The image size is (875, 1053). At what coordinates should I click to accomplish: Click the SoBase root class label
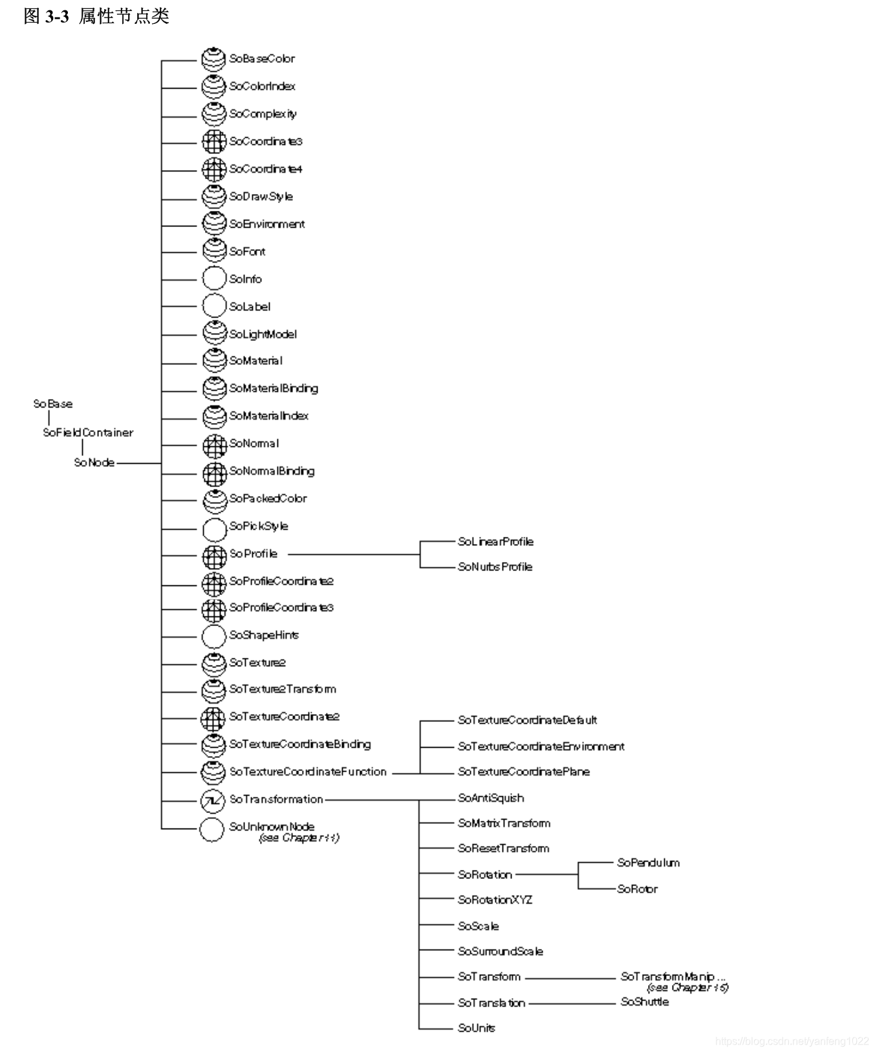[x=53, y=404]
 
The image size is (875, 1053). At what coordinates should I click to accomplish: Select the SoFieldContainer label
[x=88, y=433]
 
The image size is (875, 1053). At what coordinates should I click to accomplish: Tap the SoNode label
[x=94, y=462]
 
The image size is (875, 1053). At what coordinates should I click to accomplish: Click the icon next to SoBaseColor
[x=213, y=59]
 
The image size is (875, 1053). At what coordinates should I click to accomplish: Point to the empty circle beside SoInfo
[x=214, y=279]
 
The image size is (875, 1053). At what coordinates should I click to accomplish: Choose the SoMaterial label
[x=256, y=361]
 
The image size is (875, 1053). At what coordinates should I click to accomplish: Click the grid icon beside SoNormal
[x=214, y=444]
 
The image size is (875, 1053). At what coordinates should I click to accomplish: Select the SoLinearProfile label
[x=495, y=542]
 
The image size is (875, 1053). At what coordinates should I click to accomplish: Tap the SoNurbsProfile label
[x=495, y=567]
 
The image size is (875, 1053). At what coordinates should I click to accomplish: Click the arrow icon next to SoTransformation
[x=212, y=801]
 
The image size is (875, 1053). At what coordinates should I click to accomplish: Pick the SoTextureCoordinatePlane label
[x=524, y=772]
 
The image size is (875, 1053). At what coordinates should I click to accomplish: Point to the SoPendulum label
[x=648, y=863]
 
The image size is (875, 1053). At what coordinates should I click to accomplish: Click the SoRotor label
[x=637, y=889]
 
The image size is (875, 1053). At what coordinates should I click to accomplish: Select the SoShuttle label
[x=644, y=1002]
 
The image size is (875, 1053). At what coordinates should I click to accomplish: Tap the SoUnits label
[x=477, y=1028]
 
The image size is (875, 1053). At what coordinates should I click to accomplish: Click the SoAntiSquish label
[x=491, y=798]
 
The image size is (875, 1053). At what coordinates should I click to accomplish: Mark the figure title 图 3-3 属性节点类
[x=96, y=16]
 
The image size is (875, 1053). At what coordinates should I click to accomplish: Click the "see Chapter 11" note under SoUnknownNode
[x=299, y=838]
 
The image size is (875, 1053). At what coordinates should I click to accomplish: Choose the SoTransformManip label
[x=673, y=977]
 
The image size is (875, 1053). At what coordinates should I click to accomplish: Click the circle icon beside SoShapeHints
[x=214, y=636]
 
